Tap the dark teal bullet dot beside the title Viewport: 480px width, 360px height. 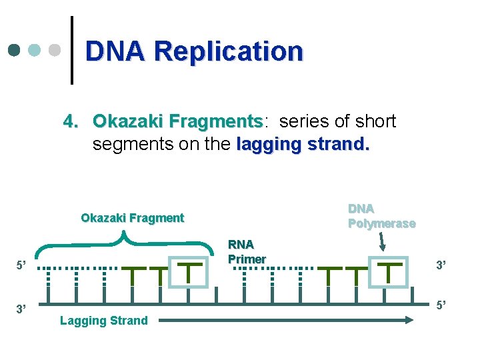15,50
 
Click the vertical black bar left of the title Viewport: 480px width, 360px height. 72,50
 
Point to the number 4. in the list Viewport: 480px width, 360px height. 72,121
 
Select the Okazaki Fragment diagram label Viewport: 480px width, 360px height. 132,218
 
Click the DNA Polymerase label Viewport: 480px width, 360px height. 381,216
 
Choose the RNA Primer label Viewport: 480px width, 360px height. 247,252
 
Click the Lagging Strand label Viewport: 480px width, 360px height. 104,321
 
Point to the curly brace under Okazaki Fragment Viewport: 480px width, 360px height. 123,239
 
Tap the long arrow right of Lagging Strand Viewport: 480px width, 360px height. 287,321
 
